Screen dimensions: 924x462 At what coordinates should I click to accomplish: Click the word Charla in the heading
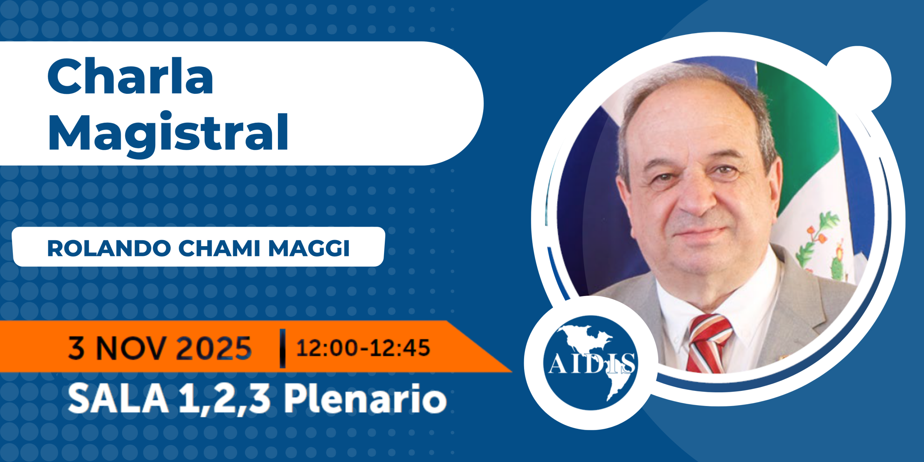(x=130, y=76)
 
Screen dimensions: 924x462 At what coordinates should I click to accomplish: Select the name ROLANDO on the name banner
(x=109, y=248)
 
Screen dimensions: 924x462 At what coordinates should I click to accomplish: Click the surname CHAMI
(x=219, y=248)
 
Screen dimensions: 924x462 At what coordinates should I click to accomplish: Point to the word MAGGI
(x=309, y=248)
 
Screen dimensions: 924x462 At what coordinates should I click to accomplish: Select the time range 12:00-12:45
(x=363, y=348)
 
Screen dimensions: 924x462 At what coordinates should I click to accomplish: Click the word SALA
(x=118, y=398)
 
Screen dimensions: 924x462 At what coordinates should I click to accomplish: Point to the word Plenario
(x=366, y=398)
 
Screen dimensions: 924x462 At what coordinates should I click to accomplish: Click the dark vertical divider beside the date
(x=283, y=348)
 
